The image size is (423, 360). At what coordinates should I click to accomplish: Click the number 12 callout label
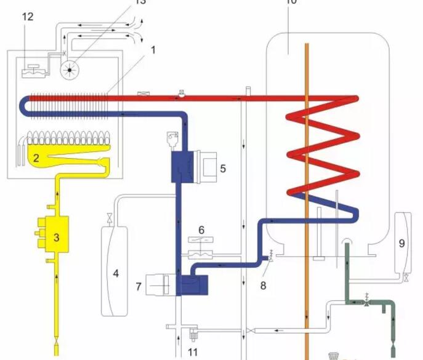[27, 17]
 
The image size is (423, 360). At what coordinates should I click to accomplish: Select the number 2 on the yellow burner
[36, 158]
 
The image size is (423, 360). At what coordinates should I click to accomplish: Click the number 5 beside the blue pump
[224, 167]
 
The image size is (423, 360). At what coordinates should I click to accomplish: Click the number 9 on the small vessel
[401, 243]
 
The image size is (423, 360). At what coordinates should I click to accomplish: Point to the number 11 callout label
[191, 352]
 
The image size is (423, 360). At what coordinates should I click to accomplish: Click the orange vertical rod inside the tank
[306, 185]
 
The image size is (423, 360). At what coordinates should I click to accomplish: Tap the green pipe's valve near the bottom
[367, 301]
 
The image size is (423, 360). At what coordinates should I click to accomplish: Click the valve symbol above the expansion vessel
[109, 217]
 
